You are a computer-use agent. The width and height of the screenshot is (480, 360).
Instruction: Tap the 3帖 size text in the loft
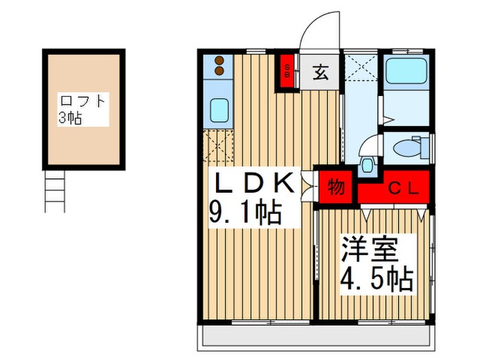[x=70, y=118]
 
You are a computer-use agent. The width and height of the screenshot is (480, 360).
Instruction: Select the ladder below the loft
[x=54, y=191]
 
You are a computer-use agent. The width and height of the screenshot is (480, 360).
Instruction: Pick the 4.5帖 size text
[x=376, y=279]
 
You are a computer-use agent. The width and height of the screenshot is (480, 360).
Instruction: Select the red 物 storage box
[x=336, y=186]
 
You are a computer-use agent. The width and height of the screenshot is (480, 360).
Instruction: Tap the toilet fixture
[x=413, y=145]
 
